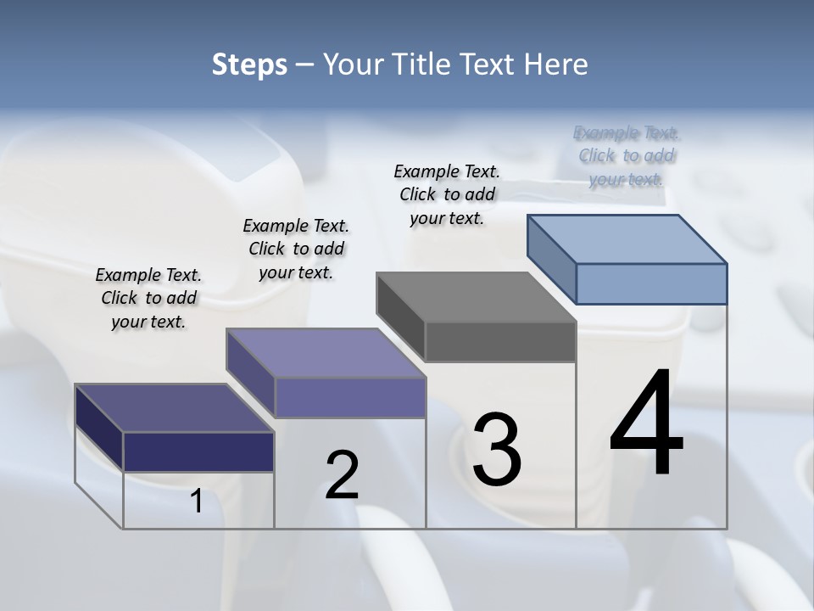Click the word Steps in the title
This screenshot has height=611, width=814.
pyautogui.click(x=249, y=64)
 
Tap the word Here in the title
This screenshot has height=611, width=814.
pyautogui.click(x=556, y=64)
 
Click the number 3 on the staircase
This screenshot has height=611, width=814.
pyautogui.click(x=497, y=449)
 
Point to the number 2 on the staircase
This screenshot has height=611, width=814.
pyautogui.click(x=342, y=474)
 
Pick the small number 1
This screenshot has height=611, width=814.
pyautogui.click(x=196, y=502)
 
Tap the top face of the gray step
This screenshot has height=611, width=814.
pyautogui.click(x=476, y=297)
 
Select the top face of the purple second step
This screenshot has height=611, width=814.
pyautogui.click(x=326, y=353)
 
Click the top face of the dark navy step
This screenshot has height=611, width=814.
pyautogui.click(x=175, y=408)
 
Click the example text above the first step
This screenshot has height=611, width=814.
pyautogui.click(x=148, y=299)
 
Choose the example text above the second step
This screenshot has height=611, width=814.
pyautogui.click(x=296, y=249)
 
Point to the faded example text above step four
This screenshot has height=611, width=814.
pyautogui.click(x=627, y=156)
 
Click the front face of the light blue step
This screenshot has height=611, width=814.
pyautogui.click(x=651, y=283)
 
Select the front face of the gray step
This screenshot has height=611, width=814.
pyautogui.click(x=500, y=342)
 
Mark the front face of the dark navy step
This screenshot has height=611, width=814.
pyautogui.click(x=198, y=451)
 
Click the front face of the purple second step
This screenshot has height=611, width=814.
pyautogui.click(x=350, y=397)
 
